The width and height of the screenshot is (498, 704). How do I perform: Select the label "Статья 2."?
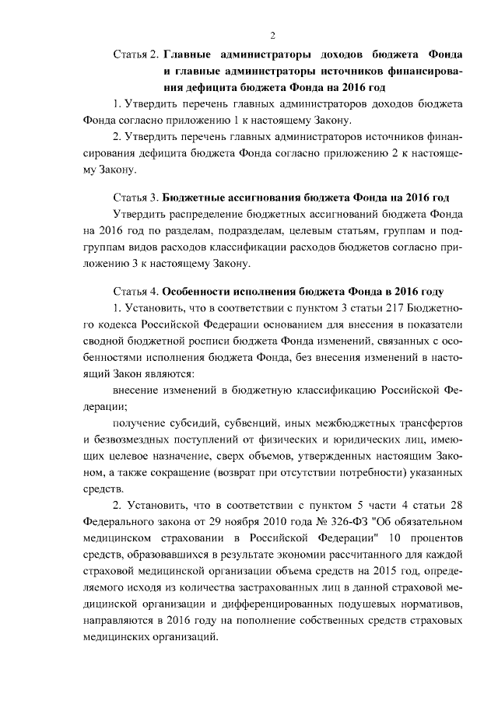[x=136, y=55]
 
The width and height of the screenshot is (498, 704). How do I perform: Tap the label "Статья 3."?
[x=136, y=196]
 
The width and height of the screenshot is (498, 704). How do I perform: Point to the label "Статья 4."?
[x=136, y=292]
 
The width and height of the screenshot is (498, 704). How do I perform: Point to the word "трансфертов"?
[x=425, y=424]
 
